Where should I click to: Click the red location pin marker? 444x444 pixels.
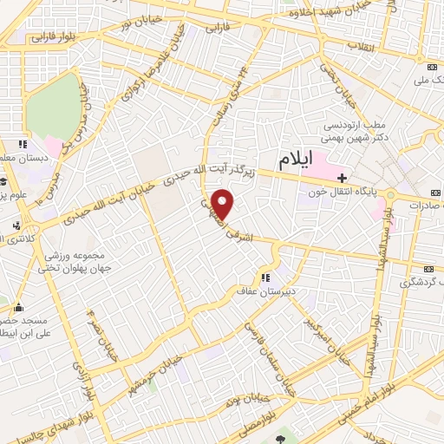(x=223, y=204)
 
